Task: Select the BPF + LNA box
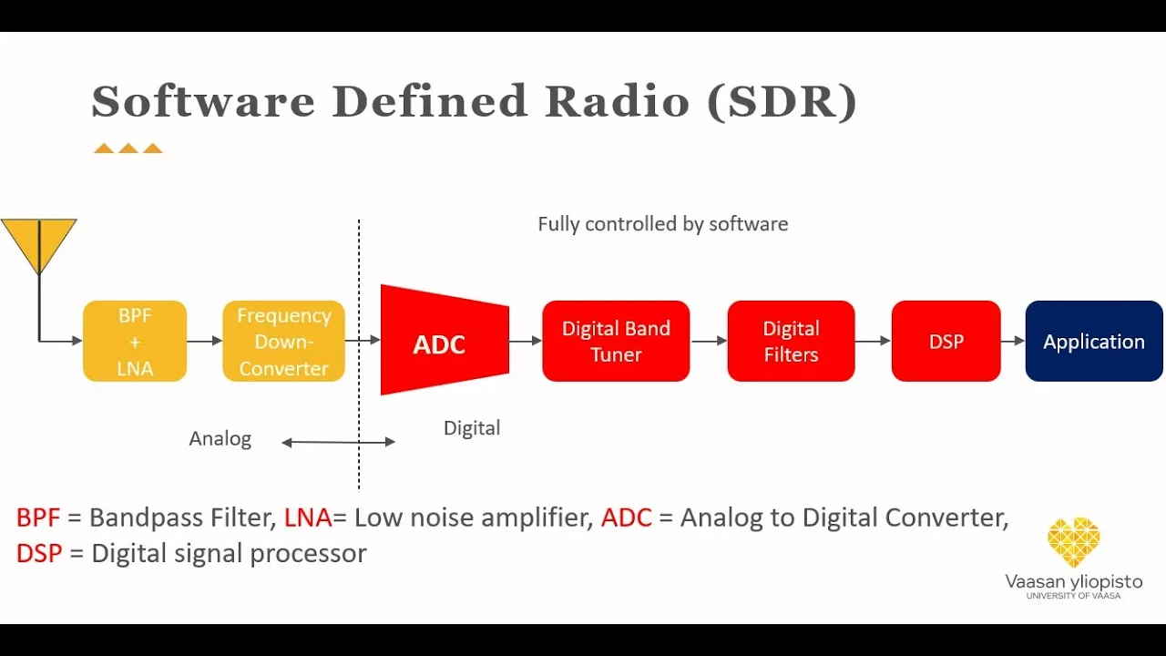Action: (135, 341)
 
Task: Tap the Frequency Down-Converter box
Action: (283, 341)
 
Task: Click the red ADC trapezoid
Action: (445, 340)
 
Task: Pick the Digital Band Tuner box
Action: (616, 341)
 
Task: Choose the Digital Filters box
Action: (792, 341)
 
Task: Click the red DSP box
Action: (946, 341)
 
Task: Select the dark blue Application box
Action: (1094, 341)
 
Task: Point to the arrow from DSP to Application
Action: (1013, 341)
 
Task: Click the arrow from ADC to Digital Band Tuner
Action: (526, 341)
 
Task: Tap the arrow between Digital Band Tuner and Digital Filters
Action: (709, 341)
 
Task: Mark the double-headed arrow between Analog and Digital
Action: (338, 442)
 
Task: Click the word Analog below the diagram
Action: (220, 439)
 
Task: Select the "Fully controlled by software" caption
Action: (662, 224)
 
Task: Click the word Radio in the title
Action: (618, 101)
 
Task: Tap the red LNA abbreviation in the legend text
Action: (308, 518)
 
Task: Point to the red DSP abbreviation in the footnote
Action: (39, 553)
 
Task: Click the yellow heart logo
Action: (1074, 542)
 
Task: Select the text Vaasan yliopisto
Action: (1074, 581)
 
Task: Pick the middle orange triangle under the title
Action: (128, 149)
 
